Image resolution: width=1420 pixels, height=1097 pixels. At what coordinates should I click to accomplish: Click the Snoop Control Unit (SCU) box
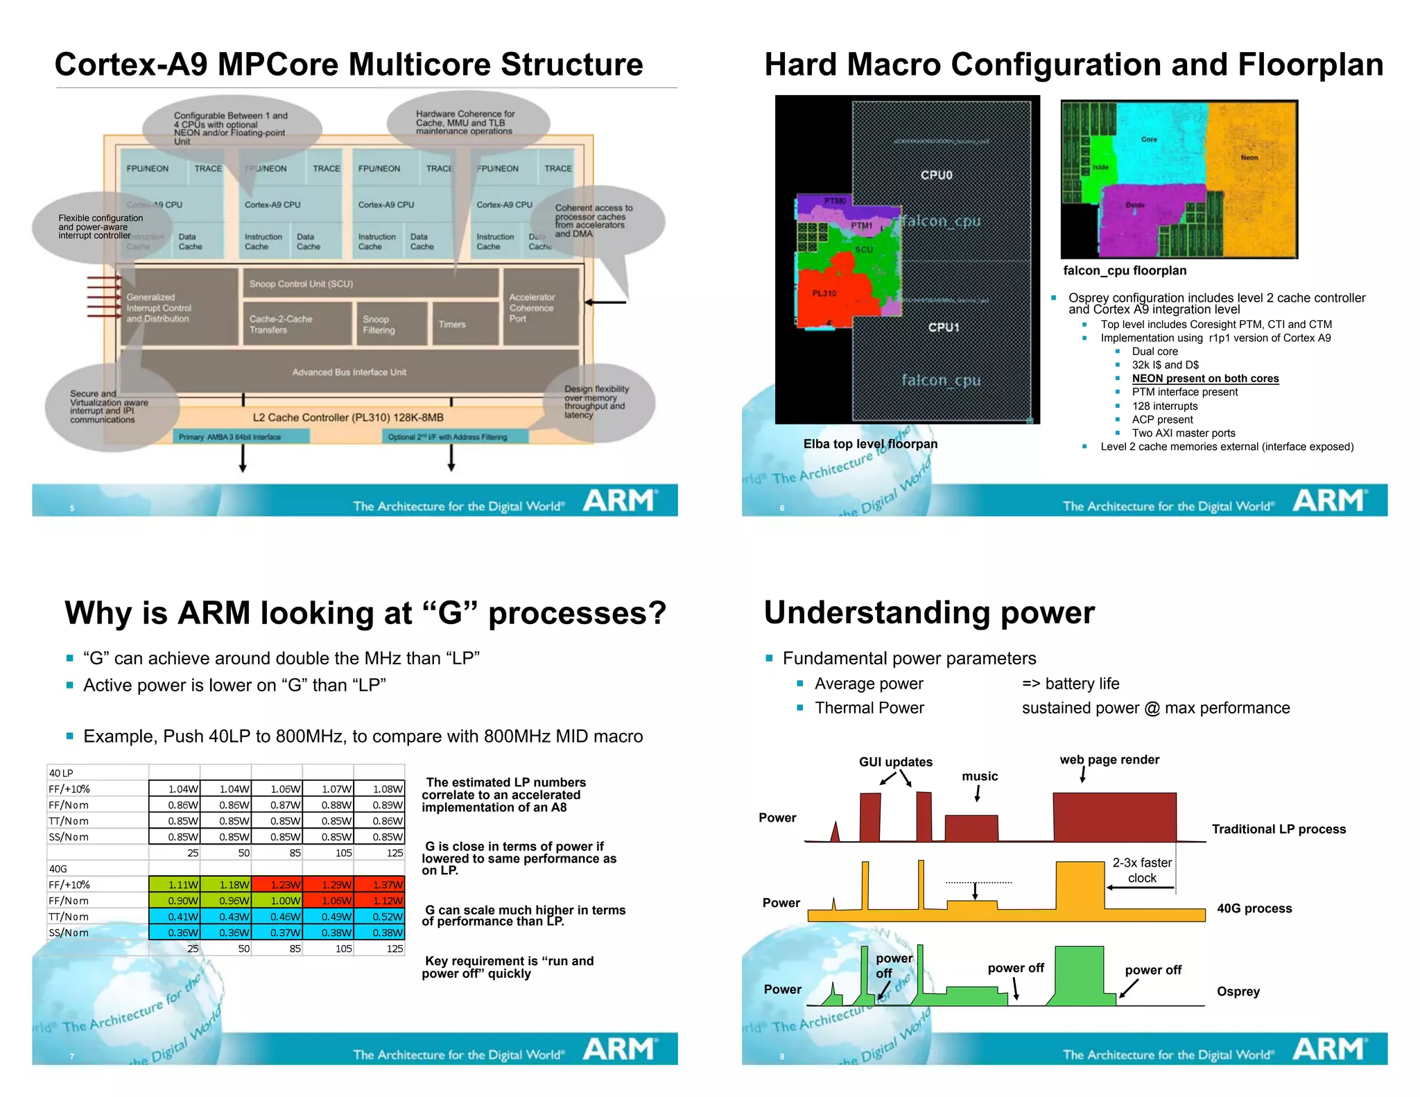370,284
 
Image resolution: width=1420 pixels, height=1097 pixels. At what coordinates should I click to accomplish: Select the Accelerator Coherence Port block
540,307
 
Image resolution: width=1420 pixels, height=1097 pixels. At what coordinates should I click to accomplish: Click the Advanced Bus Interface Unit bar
349,372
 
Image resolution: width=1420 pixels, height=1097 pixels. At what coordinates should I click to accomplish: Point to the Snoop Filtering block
390,324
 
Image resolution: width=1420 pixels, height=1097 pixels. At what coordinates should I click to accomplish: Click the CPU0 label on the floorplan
936,175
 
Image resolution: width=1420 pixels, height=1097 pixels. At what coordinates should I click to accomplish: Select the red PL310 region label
824,293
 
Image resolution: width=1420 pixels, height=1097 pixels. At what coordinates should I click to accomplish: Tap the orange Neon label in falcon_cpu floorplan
1249,157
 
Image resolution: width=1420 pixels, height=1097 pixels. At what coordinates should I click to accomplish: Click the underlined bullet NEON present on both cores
1205,379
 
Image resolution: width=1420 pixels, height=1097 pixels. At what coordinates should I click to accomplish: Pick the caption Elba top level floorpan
870,444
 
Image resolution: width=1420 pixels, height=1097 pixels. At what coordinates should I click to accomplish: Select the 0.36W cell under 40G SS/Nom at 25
175,933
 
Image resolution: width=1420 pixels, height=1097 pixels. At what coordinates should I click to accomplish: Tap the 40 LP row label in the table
61,773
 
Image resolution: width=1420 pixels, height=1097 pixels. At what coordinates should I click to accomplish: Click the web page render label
1109,759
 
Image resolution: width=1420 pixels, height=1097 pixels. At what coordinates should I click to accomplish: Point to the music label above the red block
980,776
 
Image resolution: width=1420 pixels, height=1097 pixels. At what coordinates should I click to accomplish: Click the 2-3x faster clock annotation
1142,870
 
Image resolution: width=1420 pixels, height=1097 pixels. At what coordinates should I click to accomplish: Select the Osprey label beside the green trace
1238,991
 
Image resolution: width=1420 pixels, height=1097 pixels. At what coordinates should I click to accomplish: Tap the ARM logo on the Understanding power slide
1328,1049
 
